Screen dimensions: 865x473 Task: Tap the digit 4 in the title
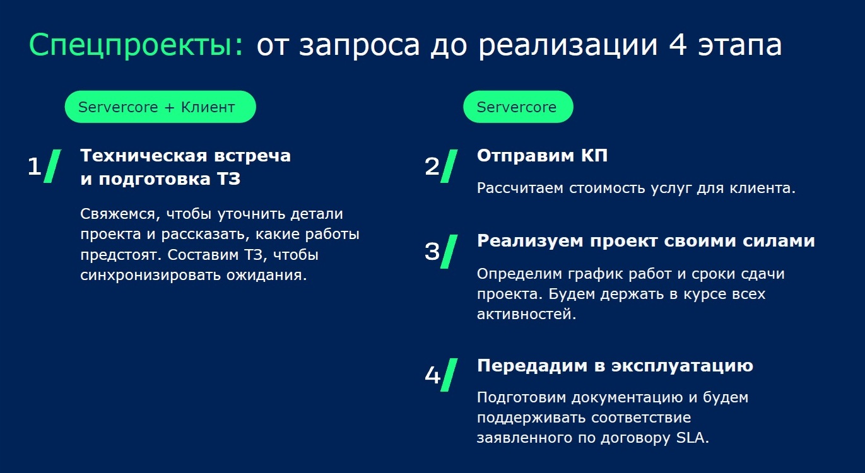(x=678, y=45)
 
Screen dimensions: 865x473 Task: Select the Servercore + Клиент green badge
(x=160, y=107)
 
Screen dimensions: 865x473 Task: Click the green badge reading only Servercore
(x=518, y=107)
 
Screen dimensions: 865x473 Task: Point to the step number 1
(x=34, y=166)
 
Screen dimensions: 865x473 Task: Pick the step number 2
(x=432, y=166)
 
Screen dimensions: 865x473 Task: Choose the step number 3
(x=432, y=252)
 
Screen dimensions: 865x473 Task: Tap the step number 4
(x=433, y=375)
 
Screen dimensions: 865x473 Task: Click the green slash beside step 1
(x=52, y=166)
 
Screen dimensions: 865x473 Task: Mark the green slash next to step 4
(x=449, y=375)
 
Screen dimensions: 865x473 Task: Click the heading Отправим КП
(x=542, y=156)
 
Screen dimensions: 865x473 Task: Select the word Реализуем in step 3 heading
(x=530, y=242)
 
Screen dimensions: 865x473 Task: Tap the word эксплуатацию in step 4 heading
(x=682, y=366)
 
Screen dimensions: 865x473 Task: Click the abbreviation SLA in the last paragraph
(x=692, y=438)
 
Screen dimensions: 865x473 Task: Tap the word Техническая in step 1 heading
(x=144, y=156)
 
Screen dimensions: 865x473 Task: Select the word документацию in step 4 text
(x=627, y=398)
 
